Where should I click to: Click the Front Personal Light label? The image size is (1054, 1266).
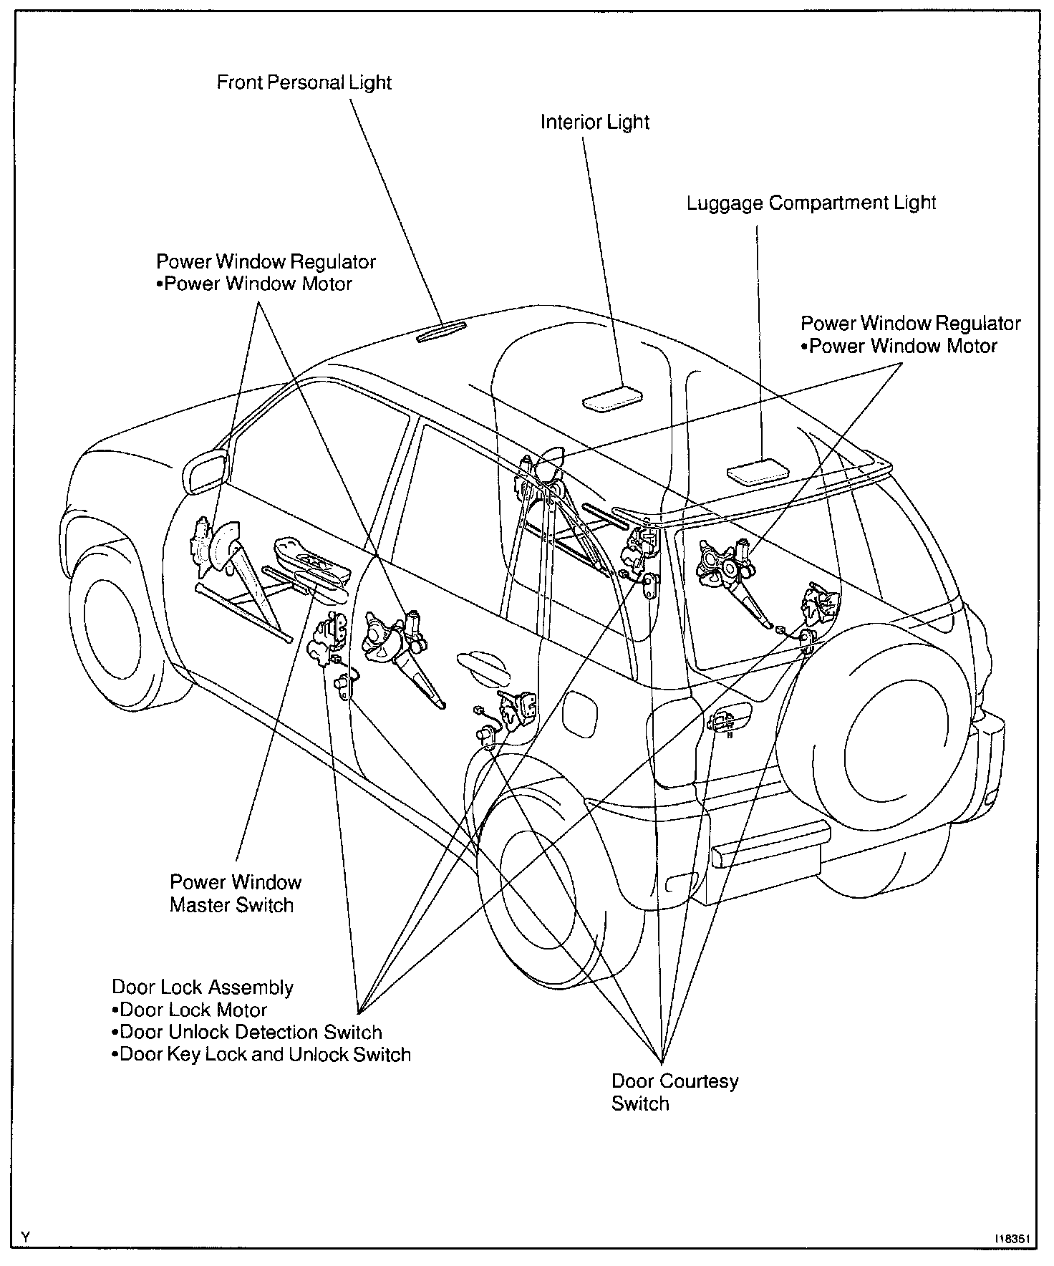tap(304, 82)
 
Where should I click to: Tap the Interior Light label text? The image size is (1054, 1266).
tap(594, 122)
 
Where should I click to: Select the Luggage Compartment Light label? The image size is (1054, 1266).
tap(811, 203)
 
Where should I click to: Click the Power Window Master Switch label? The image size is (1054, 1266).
tap(235, 893)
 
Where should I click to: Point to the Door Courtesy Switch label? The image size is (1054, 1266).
tap(674, 1091)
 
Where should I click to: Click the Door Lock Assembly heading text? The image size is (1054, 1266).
tap(203, 987)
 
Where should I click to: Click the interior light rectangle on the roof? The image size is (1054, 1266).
tap(612, 397)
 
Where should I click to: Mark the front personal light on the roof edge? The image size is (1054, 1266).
tap(442, 332)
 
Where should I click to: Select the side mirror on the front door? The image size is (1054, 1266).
tap(206, 470)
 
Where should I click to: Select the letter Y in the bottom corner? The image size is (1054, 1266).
tap(26, 1237)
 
